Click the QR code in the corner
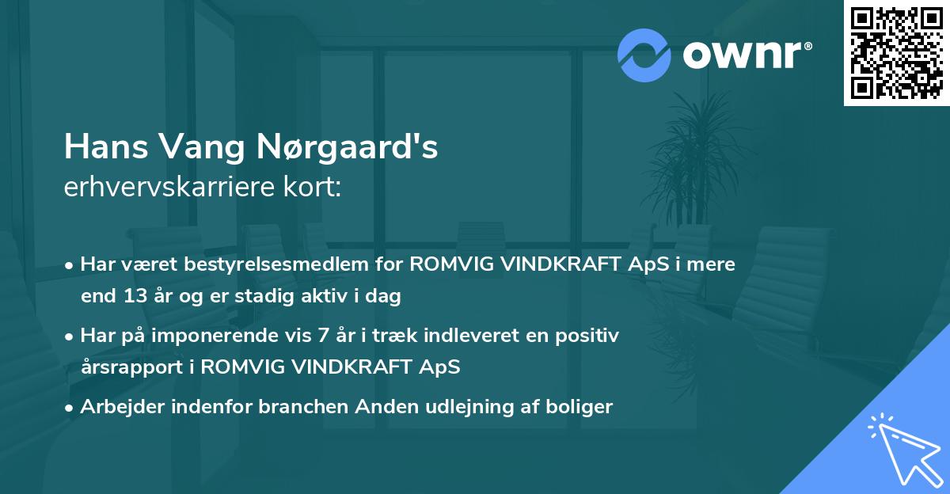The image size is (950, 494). (x=896, y=53)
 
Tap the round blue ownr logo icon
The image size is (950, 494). (x=644, y=55)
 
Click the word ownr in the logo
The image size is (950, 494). (x=741, y=55)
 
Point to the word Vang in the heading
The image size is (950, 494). (x=206, y=147)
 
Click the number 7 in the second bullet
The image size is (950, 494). (x=321, y=336)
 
